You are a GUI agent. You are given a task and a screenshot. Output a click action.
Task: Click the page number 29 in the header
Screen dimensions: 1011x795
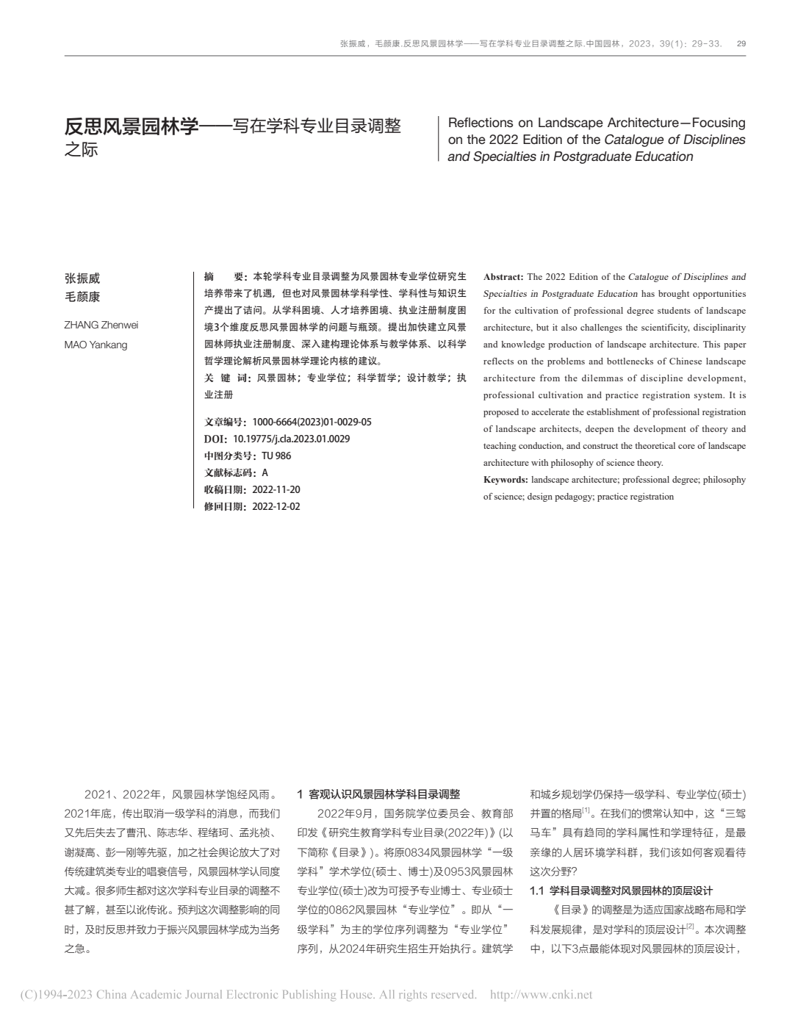point(741,44)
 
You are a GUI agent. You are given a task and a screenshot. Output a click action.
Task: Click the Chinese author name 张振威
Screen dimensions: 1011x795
point(82,278)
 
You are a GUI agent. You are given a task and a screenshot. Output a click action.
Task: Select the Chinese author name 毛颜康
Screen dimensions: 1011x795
point(82,297)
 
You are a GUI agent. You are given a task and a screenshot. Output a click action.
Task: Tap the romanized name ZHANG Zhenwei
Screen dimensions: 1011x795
point(101,325)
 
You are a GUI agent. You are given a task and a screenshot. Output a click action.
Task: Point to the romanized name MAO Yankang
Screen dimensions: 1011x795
point(96,345)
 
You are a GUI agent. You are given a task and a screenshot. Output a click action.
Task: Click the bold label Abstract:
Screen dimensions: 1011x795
point(503,277)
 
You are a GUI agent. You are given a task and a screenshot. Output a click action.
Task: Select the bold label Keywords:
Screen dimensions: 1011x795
point(506,480)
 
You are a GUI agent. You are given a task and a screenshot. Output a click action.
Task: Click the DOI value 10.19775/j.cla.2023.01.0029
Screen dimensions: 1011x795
point(291,439)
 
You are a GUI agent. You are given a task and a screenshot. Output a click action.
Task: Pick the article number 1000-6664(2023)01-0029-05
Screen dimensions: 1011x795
point(312,422)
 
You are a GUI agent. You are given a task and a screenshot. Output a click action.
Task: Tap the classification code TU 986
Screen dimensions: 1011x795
point(276,456)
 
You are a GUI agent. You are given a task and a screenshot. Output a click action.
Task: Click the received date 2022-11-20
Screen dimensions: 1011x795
point(276,489)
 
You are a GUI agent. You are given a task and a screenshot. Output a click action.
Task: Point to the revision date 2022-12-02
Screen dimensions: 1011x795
point(276,506)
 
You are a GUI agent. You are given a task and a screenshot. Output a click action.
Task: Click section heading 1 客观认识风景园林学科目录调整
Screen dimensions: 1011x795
point(378,794)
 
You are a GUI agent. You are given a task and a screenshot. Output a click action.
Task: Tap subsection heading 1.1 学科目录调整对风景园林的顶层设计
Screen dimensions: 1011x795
point(621,891)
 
